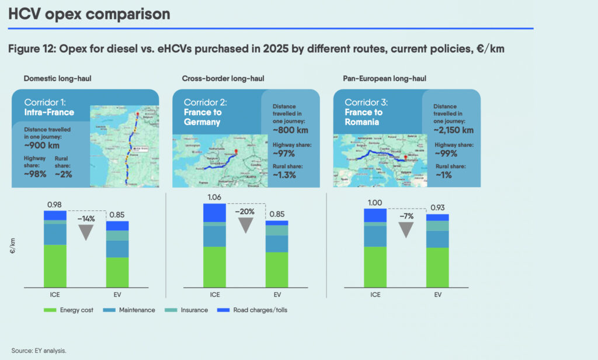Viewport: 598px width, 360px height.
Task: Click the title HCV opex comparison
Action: click(89, 14)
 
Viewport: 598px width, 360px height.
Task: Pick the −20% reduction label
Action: click(246, 211)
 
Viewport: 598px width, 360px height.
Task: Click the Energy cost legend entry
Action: click(73, 310)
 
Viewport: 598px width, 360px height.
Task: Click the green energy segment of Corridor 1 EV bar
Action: click(117, 272)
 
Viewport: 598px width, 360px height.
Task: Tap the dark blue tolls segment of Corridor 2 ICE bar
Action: click(214, 213)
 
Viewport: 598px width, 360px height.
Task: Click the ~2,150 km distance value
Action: click(453, 130)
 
